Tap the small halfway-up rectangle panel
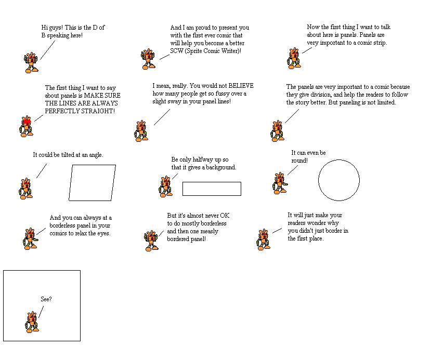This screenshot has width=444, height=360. (212, 182)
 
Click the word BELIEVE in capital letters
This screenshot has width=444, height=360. (241, 86)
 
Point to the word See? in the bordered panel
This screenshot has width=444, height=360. (46, 299)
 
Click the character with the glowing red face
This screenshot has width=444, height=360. (27, 126)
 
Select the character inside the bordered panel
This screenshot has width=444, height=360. (32, 322)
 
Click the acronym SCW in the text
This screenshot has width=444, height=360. (177, 51)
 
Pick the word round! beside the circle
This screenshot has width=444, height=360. (299, 161)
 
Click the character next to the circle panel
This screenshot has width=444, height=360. (280, 183)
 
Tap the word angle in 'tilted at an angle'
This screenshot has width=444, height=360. (96, 155)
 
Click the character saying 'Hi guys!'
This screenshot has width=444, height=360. (31, 62)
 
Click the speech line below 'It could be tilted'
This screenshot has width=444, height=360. (42, 171)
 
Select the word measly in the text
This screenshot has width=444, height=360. (209, 231)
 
